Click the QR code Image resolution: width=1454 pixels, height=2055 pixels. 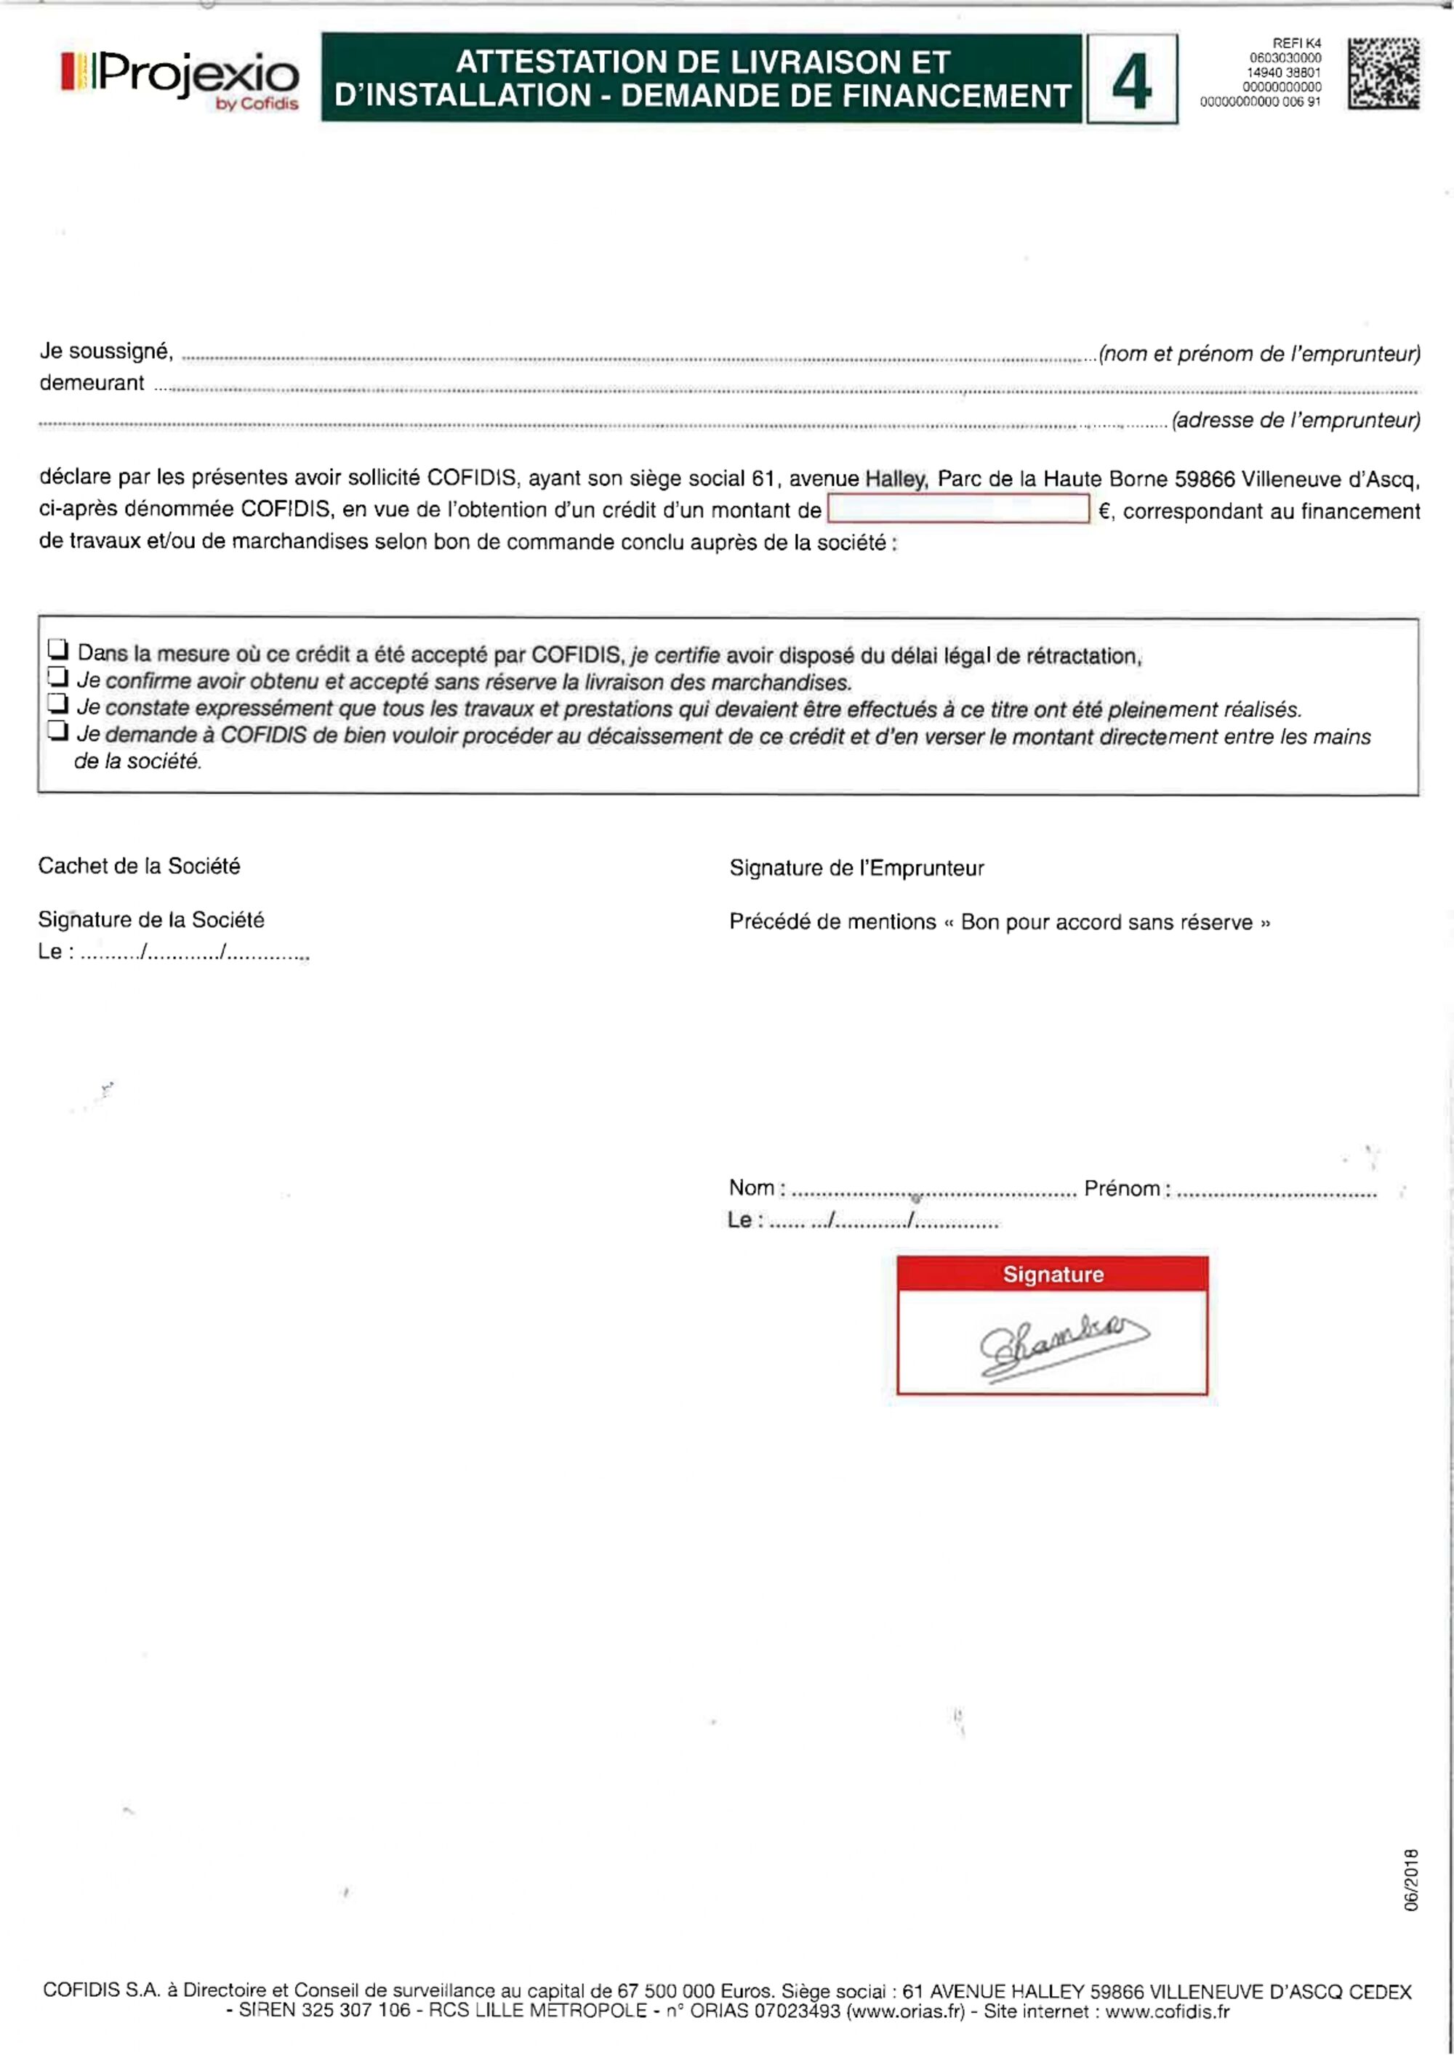tap(1383, 73)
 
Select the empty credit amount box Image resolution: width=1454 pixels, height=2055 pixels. tap(958, 509)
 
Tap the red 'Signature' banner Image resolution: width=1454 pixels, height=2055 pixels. tap(1052, 1274)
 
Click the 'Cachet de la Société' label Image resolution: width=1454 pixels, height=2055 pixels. tap(139, 865)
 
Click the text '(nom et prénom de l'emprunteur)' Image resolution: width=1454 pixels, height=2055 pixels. tap(1259, 354)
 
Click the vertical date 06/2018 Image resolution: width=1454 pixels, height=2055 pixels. tap(1412, 1881)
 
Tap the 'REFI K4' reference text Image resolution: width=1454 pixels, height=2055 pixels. tap(1296, 43)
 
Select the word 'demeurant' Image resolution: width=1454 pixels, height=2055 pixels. tap(92, 383)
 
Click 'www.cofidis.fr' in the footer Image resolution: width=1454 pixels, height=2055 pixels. tap(1167, 2011)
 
